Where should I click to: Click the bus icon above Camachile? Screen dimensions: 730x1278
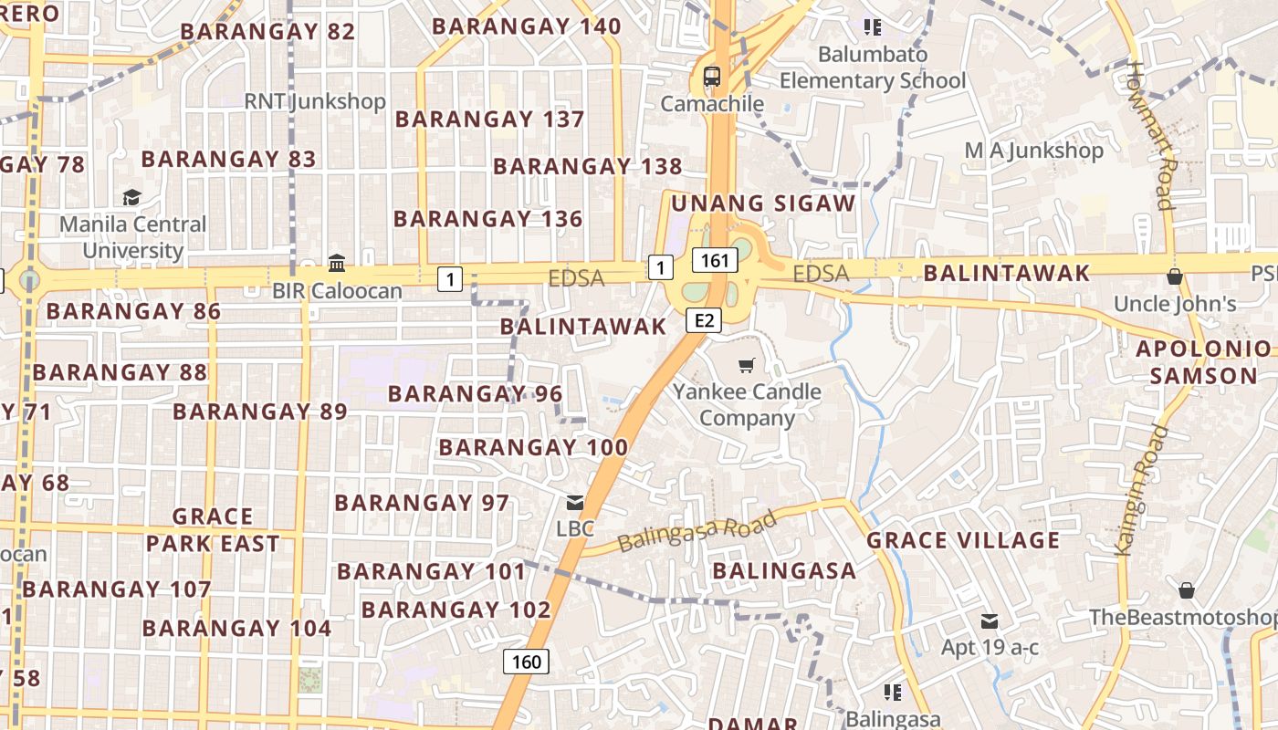pyautogui.click(x=712, y=76)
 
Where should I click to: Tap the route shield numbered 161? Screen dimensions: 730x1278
pyautogui.click(x=715, y=261)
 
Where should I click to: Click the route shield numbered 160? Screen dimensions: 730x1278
pyautogui.click(x=527, y=662)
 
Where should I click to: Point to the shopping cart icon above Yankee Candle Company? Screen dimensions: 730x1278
pyautogui.click(x=747, y=366)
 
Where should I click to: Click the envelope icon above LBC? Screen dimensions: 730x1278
pyautogui.click(x=575, y=502)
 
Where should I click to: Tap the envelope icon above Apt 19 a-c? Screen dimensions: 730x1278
pyautogui.click(x=990, y=621)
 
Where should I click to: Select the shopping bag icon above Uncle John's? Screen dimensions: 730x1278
pyautogui.click(x=1175, y=276)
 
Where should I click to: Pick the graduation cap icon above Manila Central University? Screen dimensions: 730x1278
pyautogui.click(x=132, y=197)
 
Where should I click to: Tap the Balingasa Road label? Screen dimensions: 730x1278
pyautogui.click(x=697, y=531)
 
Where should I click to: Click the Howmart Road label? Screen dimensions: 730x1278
pyautogui.click(x=1150, y=135)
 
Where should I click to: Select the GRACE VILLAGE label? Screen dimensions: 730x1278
pyautogui.click(x=963, y=540)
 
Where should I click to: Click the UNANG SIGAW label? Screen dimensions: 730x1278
pyautogui.click(x=762, y=203)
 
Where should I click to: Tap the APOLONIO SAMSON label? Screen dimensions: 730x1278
pyautogui.click(x=1203, y=362)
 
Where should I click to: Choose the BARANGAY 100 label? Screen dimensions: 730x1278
pyautogui.click(x=533, y=448)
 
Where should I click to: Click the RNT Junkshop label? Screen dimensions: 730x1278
pyautogui.click(x=315, y=101)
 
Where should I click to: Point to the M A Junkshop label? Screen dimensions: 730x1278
pyautogui.click(x=1034, y=151)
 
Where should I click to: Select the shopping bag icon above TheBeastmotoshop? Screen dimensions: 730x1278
pyautogui.click(x=1187, y=590)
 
